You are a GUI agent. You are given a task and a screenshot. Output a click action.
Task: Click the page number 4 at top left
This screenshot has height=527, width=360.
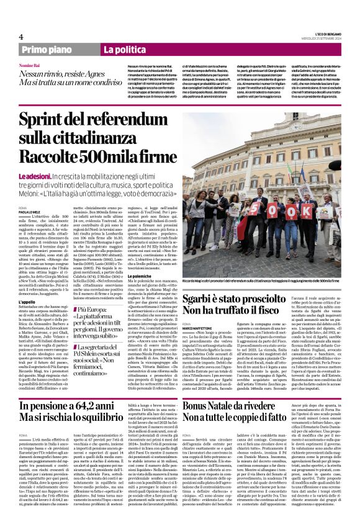coord(20,37)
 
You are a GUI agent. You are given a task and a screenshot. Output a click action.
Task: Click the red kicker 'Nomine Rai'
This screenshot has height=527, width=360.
coord(47,65)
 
